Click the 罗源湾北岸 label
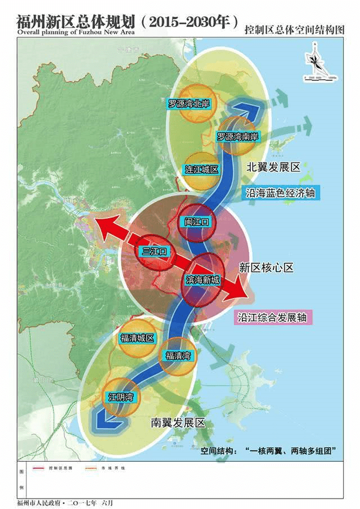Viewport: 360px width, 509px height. [x=193, y=103]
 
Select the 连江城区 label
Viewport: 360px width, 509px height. [x=201, y=169]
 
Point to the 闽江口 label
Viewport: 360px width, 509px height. [x=196, y=222]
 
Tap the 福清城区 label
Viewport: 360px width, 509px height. [x=137, y=338]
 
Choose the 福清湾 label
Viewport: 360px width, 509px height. [x=178, y=356]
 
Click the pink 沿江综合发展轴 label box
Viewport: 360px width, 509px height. [x=272, y=317]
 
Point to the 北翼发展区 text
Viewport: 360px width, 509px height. [x=274, y=168]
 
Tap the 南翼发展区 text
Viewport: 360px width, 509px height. [x=177, y=423]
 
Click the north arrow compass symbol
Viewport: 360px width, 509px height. [x=313, y=58]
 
